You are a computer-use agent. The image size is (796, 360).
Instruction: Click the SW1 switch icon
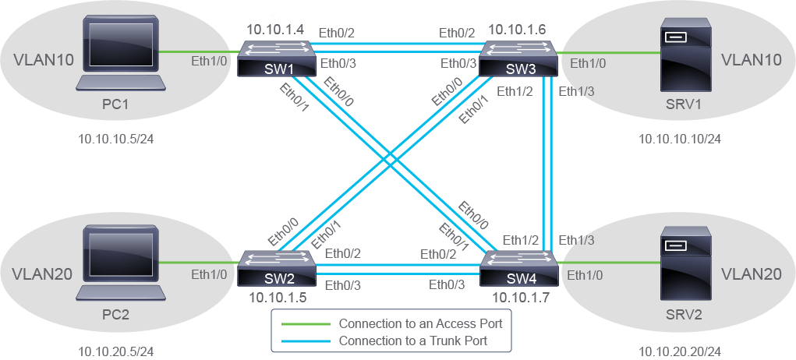click(277, 59)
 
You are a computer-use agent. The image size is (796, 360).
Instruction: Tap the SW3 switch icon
click(518, 59)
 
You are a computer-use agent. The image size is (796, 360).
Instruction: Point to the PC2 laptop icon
click(121, 263)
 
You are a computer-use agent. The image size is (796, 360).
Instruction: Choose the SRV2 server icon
click(679, 263)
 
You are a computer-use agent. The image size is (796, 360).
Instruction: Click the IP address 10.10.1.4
click(276, 30)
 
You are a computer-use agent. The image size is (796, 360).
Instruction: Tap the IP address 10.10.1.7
click(517, 297)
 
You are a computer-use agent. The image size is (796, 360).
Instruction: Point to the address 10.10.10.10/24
click(679, 139)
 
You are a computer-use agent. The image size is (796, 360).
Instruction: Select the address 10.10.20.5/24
click(115, 351)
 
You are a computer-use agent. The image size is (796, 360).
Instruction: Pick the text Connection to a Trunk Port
click(412, 341)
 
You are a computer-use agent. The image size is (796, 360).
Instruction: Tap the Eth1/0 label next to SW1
click(209, 62)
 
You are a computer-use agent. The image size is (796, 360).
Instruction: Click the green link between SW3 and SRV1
click(608, 52)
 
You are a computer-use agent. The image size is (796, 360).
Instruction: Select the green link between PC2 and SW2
click(199, 263)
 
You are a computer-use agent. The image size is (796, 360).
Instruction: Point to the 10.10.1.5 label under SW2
click(278, 297)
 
